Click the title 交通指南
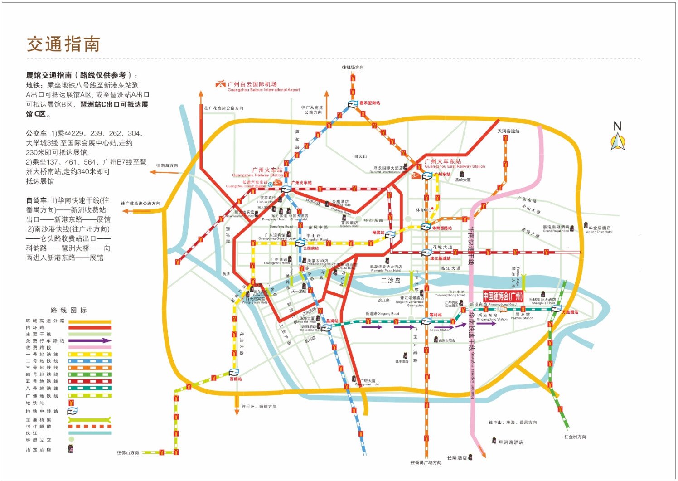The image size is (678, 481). pos(63,44)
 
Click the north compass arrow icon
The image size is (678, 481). pos(617,142)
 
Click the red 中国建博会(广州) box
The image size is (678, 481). pos(503,296)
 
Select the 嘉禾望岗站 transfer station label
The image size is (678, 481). pos(370,103)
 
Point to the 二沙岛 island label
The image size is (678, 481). pos(391,281)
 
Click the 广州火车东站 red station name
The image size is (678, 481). pos(443,161)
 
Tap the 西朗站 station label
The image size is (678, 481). pos(236,379)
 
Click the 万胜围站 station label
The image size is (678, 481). pos(570,312)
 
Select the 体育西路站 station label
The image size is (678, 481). pos(441,228)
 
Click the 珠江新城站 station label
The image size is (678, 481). pos(440,258)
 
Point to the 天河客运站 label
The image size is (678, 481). pos(508,131)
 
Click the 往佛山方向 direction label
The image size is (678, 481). pos(128,452)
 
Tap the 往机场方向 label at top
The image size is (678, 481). pos(353,67)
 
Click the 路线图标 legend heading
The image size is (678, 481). pos(68,310)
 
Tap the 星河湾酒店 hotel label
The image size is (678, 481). pos(511,442)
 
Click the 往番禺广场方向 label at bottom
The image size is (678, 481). pos(426,462)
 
